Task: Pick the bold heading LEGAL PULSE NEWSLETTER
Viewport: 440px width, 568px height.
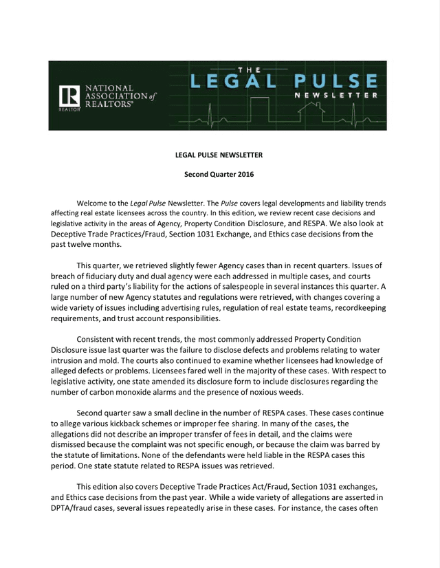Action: coord(219,155)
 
